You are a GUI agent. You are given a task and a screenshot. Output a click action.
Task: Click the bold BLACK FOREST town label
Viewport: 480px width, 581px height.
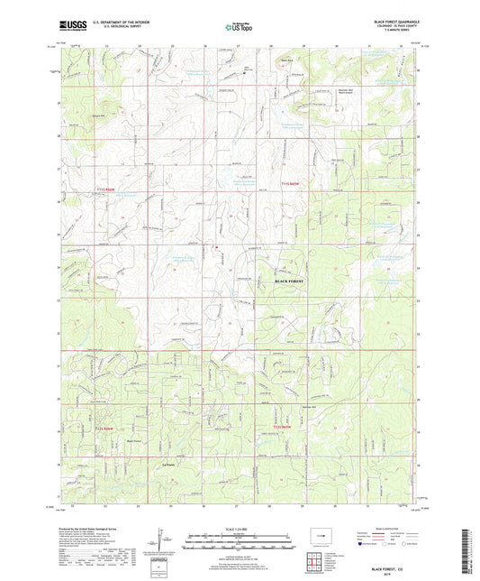[x=288, y=282]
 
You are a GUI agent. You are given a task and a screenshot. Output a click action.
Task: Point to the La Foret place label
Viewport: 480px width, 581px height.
[x=167, y=464]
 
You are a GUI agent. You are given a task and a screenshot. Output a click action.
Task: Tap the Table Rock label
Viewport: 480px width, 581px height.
[x=287, y=62]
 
